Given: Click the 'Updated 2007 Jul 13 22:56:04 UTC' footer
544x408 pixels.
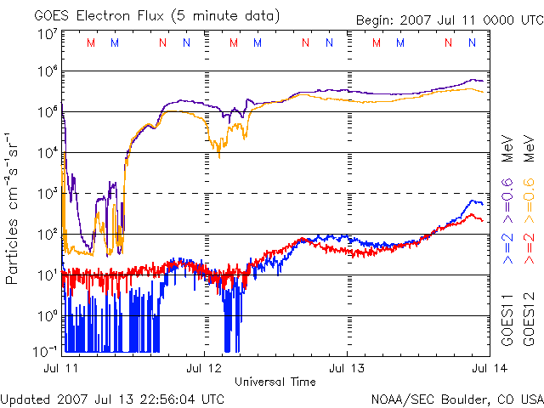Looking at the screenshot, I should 112,398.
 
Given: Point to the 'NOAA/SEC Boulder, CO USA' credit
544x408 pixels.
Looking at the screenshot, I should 456,398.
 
